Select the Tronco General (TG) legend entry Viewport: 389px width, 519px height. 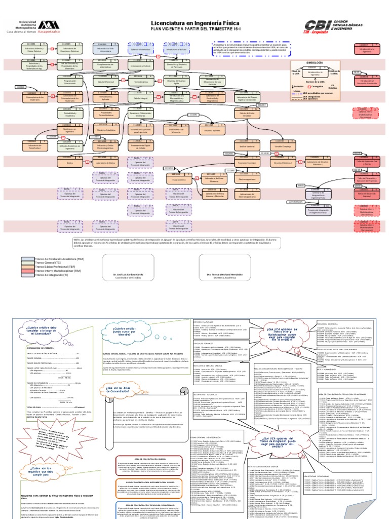[x=49, y=263]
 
